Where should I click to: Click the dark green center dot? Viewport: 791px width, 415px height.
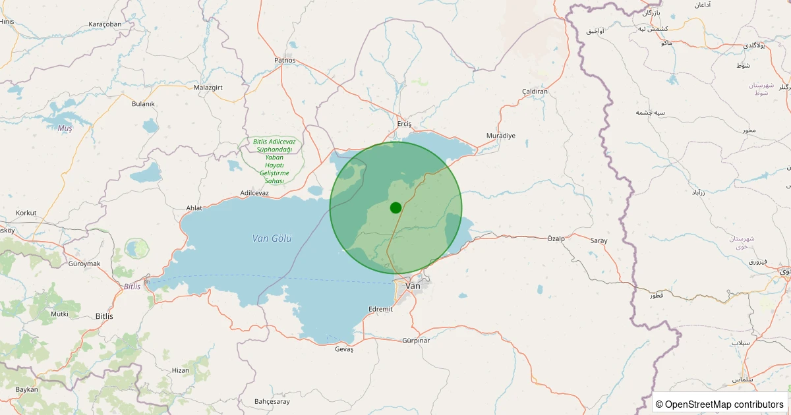click(x=395, y=207)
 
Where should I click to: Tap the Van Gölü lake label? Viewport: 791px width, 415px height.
click(x=272, y=238)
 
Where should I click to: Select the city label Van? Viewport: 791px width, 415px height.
click(x=413, y=286)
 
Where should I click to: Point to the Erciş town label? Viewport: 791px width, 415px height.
click(x=404, y=124)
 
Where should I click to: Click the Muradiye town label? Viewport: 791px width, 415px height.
click(x=500, y=135)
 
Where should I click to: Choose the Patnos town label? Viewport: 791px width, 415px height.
click(x=285, y=61)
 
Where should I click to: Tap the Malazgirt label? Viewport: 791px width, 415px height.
click(x=209, y=87)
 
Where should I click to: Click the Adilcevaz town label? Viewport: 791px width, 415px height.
click(x=254, y=193)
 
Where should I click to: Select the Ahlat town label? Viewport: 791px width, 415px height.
click(x=194, y=208)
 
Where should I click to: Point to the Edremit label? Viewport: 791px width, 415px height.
click(x=380, y=309)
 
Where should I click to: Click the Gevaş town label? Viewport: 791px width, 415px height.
click(x=344, y=349)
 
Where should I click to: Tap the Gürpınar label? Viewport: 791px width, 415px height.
click(x=416, y=341)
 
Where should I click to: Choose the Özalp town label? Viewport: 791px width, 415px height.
click(x=556, y=238)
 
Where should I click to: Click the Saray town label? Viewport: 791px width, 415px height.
click(x=599, y=241)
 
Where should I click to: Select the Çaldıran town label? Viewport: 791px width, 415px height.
click(x=535, y=92)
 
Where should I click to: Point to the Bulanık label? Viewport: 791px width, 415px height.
click(x=143, y=104)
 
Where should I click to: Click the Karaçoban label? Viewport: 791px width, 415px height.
click(x=105, y=24)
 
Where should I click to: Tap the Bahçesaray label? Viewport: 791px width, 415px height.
click(x=272, y=401)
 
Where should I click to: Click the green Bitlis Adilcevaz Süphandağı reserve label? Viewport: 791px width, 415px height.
click(x=274, y=161)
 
